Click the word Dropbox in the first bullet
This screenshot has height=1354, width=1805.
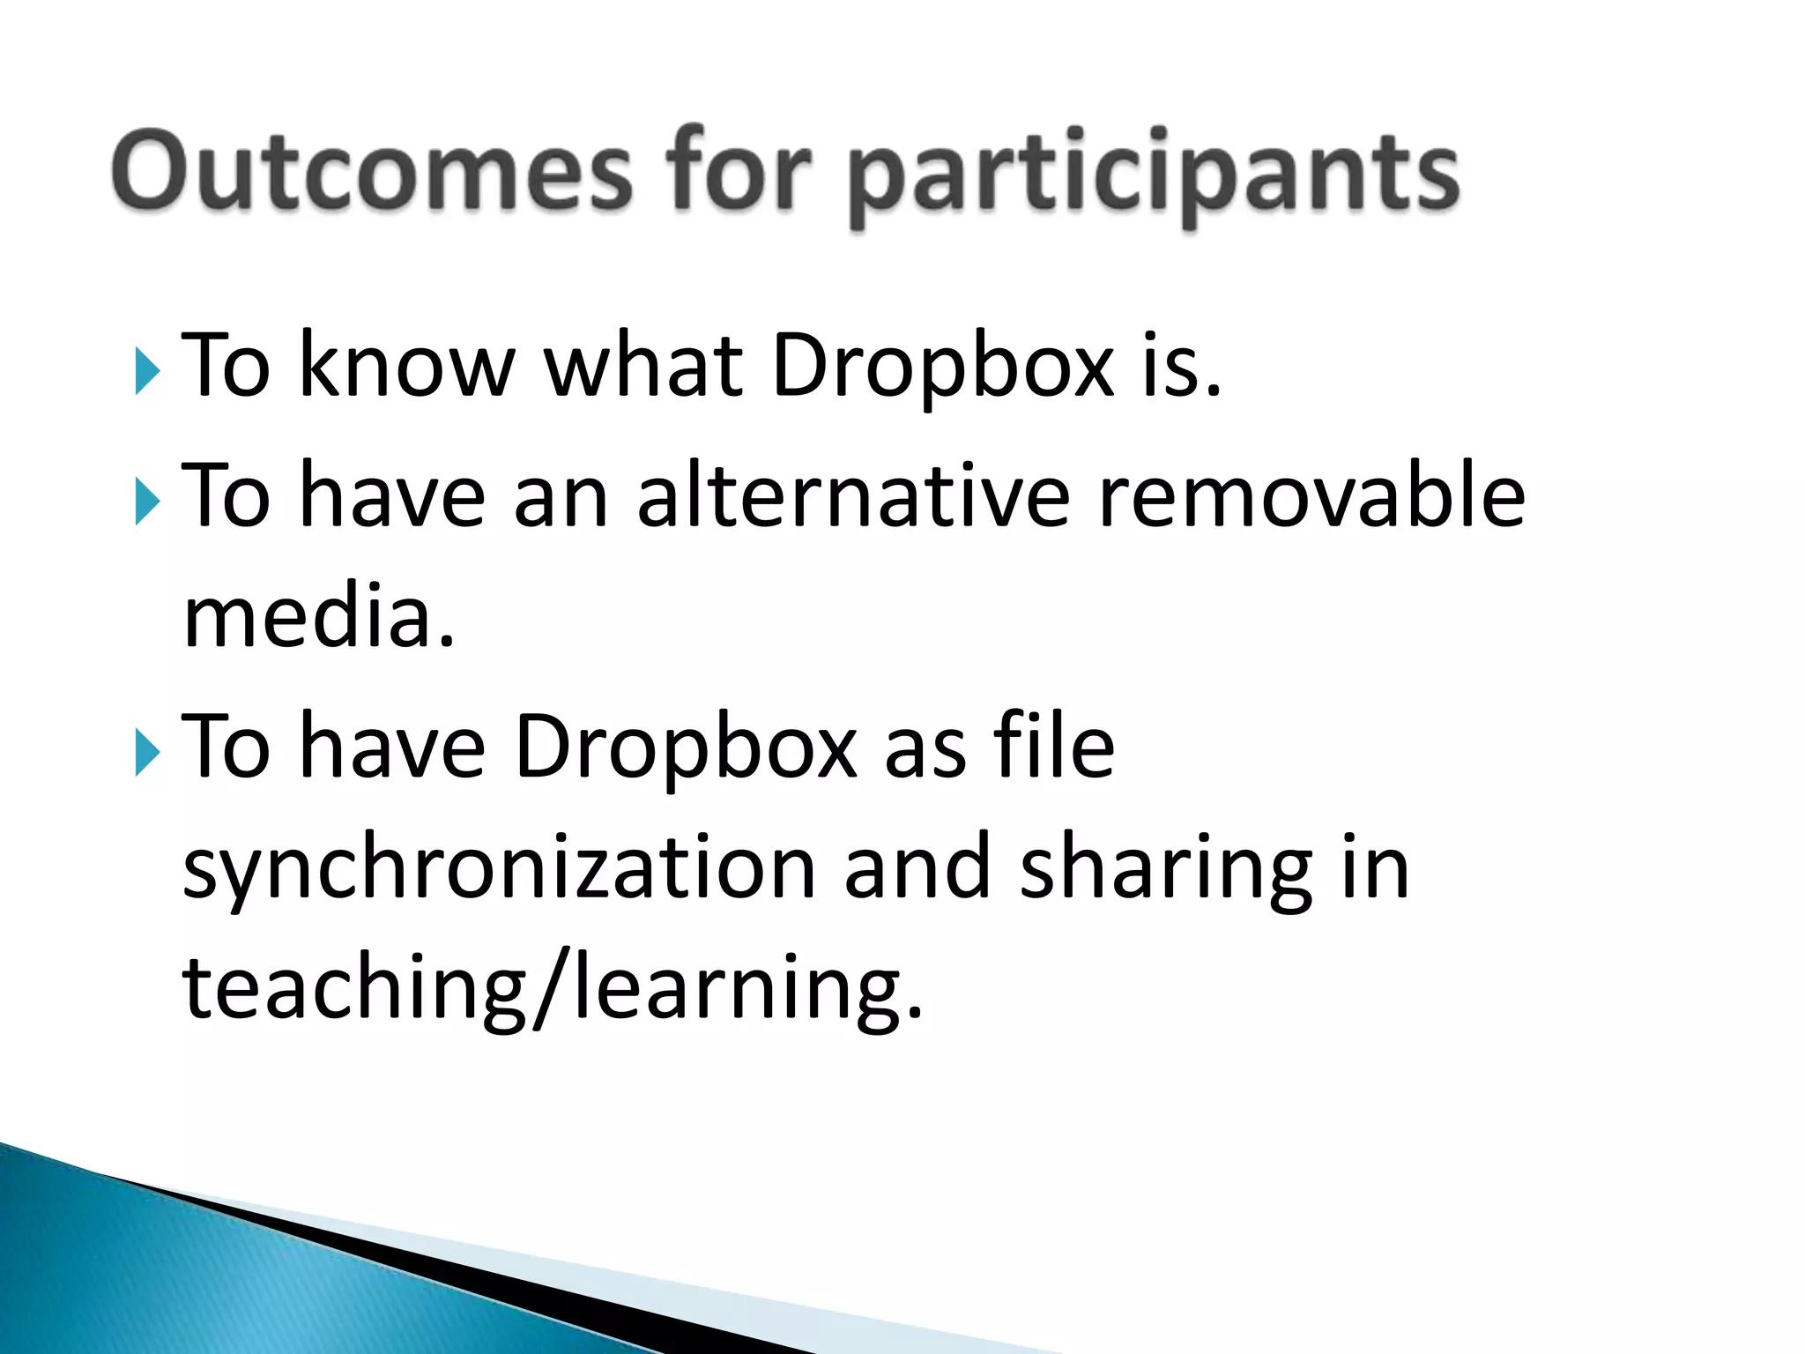coord(942,367)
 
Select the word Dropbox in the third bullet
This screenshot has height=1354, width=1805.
coord(686,749)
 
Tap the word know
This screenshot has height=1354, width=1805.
coord(406,365)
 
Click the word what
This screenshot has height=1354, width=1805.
coord(643,365)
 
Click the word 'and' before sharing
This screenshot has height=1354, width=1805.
coord(917,867)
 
